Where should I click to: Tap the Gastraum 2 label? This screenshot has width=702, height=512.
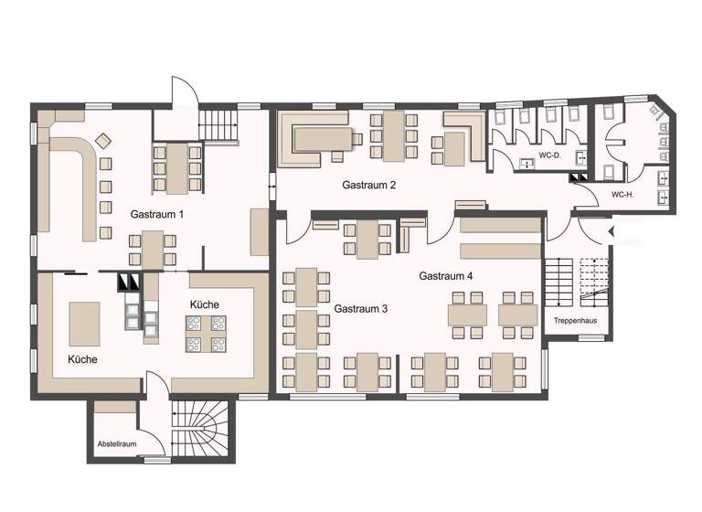click(x=368, y=185)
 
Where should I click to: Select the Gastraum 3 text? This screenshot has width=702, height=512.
click(x=360, y=309)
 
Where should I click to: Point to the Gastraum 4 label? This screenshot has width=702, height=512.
click(x=446, y=275)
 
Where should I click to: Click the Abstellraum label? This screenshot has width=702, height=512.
click(x=116, y=444)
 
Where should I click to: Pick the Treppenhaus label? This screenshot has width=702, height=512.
click(x=576, y=321)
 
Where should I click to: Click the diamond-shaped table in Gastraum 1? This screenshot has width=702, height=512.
click(x=102, y=140)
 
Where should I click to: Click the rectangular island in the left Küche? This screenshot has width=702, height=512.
click(x=85, y=324)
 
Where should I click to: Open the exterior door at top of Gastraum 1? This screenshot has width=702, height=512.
click(x=184, y=92)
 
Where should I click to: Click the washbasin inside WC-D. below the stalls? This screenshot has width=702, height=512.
click(x=528, y=164)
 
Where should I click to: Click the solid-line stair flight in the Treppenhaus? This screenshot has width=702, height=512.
click(x=557, y=283)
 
